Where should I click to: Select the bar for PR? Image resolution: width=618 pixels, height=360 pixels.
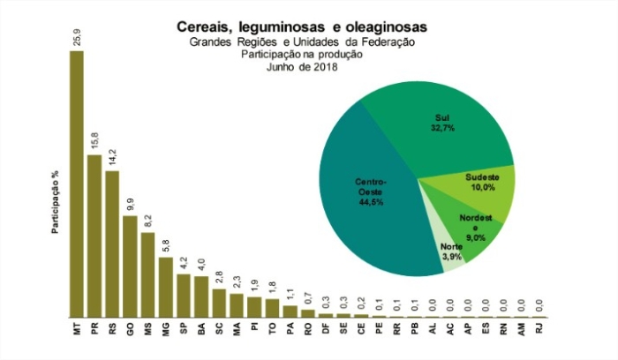pos(94,236)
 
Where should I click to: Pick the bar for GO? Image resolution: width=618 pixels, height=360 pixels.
pos(130,266)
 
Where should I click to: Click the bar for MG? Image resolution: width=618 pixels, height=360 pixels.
pos(165,287)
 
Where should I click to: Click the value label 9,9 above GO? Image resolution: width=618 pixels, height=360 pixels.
pos(130,204)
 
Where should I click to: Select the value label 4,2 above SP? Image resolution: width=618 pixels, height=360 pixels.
pos(184,263)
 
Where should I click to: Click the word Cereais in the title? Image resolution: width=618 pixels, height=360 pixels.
pos(206,27)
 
